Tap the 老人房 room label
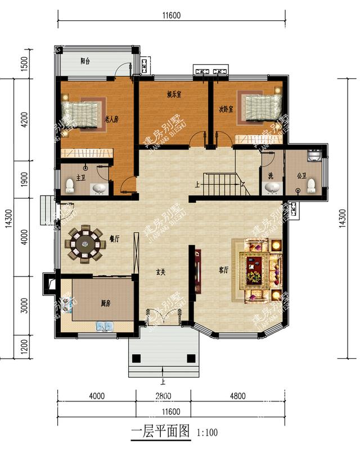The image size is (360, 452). point(111,119)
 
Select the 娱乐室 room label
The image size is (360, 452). point(174,94)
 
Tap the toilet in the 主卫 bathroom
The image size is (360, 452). point(71,184)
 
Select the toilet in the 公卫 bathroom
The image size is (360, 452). point(310,186)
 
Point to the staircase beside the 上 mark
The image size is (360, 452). point(222,182)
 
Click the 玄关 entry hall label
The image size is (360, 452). point(161,272)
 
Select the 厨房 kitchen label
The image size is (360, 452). point(105,303)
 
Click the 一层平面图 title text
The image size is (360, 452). point(161,432)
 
